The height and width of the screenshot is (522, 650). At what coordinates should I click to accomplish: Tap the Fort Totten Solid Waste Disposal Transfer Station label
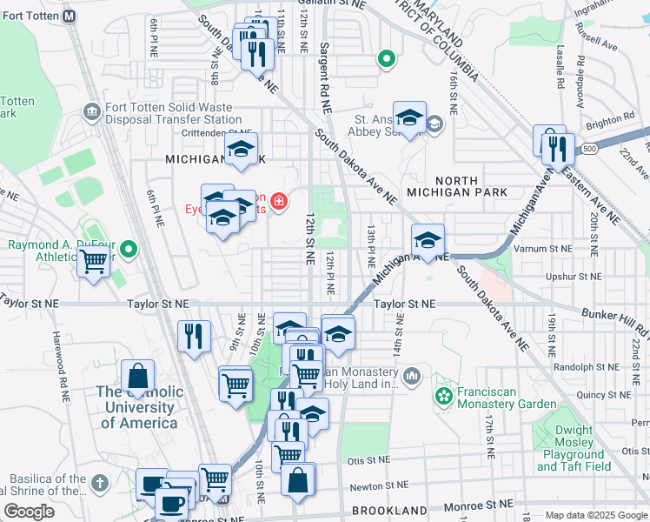(x=164, y=113)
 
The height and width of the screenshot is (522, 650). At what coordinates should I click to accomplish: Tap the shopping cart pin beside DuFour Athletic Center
(x=93, y=260)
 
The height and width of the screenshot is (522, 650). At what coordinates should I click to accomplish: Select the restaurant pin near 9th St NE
(x=194, y=336)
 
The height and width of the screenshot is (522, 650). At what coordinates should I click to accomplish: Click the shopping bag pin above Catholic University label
(x=137, y=377)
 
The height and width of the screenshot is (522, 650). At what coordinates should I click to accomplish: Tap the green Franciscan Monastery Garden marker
(x=444, y=397)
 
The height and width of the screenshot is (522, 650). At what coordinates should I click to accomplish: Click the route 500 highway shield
(x=590, y=149)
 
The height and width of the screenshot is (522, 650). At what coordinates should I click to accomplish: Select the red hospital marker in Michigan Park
(x=278, y=204)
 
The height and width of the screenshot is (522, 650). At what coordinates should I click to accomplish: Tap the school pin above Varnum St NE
(x=428, y=239)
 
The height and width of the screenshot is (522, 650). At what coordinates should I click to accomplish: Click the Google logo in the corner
(x=29, y=512)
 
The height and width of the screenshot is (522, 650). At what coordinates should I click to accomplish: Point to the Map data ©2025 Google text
(x=596, y=515)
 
